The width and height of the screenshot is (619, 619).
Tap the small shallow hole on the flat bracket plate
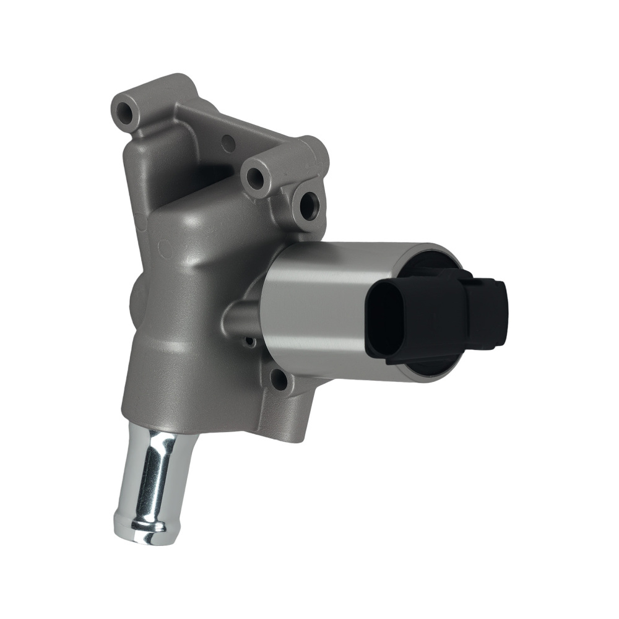tap(228, 143)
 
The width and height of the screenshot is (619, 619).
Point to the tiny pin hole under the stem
tap(249, 341)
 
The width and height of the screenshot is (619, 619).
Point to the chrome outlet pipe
tap(152, 483)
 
